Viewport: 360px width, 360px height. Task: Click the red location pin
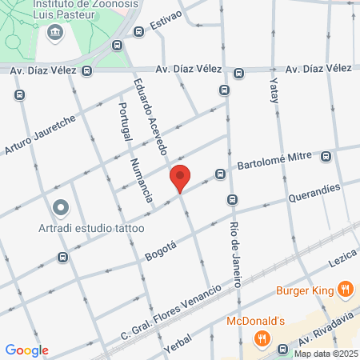180,178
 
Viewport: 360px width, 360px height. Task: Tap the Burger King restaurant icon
345,289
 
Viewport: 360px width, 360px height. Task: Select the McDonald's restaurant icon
261,338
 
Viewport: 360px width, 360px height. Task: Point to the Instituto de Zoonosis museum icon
54,32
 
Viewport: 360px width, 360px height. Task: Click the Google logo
26,350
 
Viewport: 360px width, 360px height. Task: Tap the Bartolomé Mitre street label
274,161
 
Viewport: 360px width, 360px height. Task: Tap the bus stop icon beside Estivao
139,32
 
